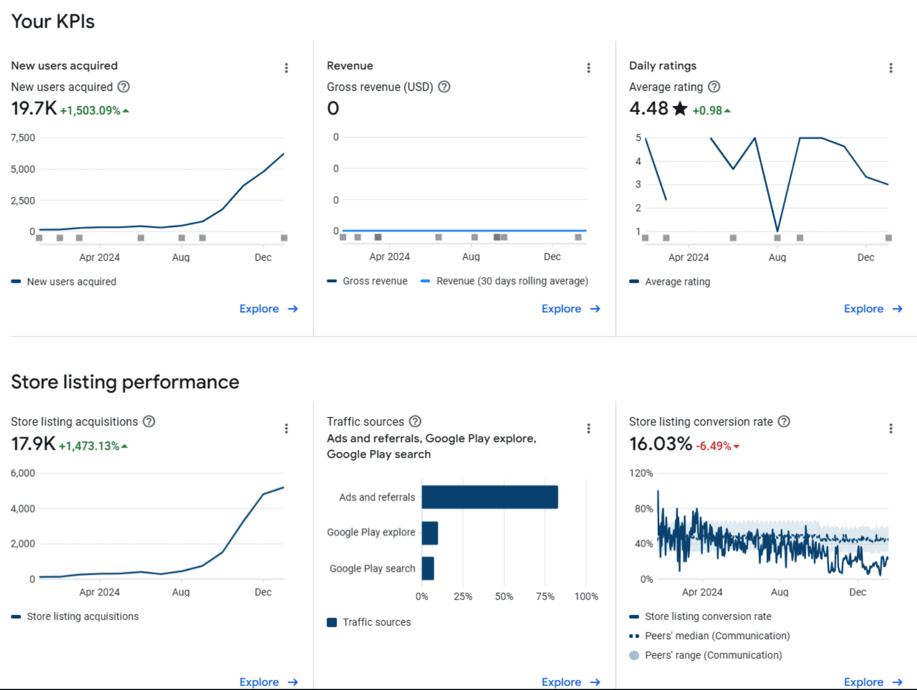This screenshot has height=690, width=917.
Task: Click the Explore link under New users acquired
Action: (268, 309)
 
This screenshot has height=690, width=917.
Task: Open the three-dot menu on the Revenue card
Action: (588, 68)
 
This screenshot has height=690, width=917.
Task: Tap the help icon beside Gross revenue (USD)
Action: (444, 87)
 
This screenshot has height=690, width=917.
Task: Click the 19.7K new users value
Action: (34, 108)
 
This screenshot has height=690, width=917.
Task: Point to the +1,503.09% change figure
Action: (90, 111)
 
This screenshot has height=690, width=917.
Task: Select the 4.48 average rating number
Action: (648, 108)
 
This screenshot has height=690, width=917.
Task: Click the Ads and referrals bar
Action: (490, 497)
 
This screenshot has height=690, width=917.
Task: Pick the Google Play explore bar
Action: (430, 533)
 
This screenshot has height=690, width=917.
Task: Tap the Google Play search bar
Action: (428, 569)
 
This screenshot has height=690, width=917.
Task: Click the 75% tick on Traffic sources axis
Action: (545, 596)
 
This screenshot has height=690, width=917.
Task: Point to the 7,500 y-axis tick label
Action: (23, 138)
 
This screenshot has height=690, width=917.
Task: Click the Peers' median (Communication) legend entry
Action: (717, 636)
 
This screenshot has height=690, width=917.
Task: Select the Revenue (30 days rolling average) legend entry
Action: (512, 281)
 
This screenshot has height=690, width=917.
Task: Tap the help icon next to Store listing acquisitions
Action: (149, 422)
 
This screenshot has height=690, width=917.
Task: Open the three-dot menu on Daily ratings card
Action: (890, 68)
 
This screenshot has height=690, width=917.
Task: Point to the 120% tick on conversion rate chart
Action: (641, 473)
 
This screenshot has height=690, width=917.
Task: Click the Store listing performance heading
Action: (125, 382)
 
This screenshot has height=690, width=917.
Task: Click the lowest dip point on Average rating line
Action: (778, 230)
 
